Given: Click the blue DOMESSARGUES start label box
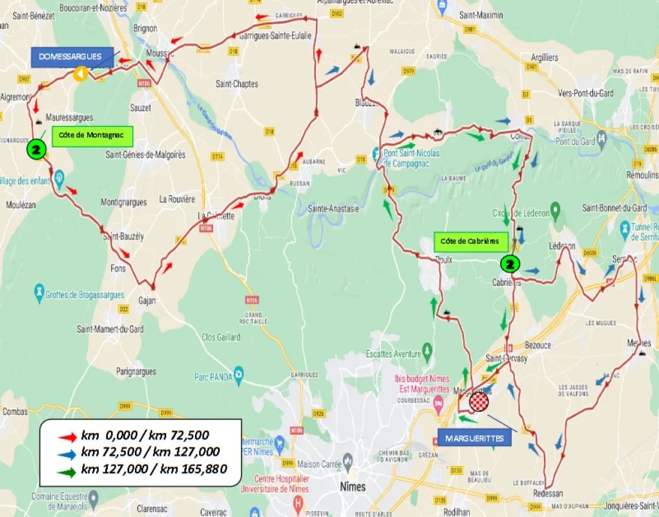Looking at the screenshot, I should pos(71,57).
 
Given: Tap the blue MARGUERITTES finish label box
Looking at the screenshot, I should pos(475,439).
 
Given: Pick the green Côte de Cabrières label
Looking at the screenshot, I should pos(470,241).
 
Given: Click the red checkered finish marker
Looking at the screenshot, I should pos(479,402).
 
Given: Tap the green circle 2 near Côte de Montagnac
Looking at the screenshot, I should pos(36,150).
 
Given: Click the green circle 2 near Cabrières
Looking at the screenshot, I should pos(510,264).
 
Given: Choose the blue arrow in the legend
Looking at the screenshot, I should pos(65,452).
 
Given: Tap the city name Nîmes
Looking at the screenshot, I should pos(352,487).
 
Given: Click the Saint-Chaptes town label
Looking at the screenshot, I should pos(236,84).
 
